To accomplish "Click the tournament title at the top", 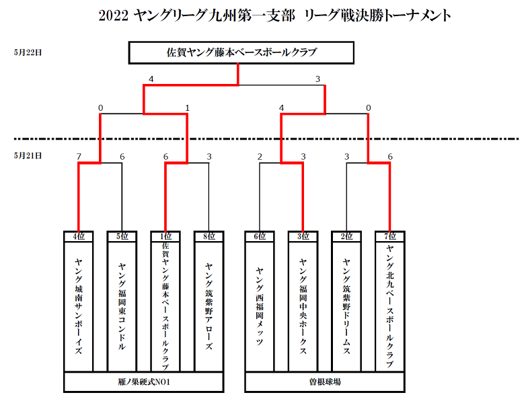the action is [x=274, y=15].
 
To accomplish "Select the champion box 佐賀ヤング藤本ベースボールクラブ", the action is [x=241, y=52].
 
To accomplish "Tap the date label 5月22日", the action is [x=28, y=52].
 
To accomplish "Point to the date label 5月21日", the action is [x=28, y=155].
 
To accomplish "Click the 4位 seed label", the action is [x=79, y=236].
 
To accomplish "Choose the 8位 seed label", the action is [x=209, y=236].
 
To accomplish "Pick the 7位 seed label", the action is [x=390, y=236].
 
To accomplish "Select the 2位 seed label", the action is [x=346, y=236].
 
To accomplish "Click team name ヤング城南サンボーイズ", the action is [x=79, y=306].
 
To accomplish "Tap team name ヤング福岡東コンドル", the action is [x=122, y=306].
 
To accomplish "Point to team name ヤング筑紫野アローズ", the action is [x=209, y=306].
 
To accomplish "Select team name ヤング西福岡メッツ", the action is [x=260, y=306].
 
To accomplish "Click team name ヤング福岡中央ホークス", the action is [x=303, y=306].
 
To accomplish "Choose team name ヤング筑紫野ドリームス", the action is [x=346, y=306].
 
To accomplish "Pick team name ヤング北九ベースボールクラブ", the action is [x=390, y=306].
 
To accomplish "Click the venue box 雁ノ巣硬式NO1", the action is [x=144, y=382].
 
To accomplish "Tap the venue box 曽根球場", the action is [x=325, y=382].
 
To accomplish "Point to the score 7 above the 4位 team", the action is [x=79, y=156].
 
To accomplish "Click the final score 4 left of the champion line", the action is [x=151, y=79].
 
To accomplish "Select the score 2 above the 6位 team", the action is [x=260, y=156].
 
